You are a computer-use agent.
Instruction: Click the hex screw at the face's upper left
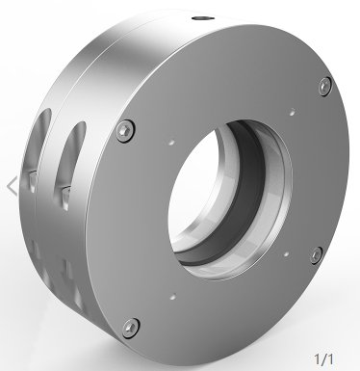pos(125,131)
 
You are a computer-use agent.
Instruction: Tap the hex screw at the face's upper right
pos(325,86)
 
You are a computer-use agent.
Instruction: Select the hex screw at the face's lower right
pos(317,255)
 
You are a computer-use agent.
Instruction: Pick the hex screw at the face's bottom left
pos(131,328)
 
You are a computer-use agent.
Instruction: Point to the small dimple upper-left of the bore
pos(172,142)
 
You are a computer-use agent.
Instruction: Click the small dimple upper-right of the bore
pos(293,112)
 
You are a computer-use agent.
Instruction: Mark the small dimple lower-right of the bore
pos(286,254)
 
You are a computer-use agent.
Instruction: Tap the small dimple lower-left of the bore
pos(173,297)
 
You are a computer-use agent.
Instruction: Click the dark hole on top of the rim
pos(203,17)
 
